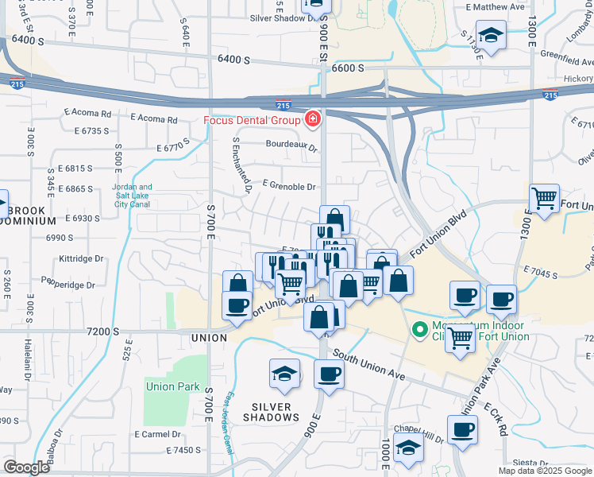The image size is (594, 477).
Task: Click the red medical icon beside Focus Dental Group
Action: coord(313,120)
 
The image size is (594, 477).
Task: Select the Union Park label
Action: coord(172,387)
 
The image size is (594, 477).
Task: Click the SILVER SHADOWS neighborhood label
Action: coord(271,411)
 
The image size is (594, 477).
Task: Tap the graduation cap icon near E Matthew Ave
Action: coord(492,36)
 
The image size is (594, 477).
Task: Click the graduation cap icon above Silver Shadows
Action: coord(284,374)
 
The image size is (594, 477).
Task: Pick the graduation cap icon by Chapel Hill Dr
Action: coord(408,448)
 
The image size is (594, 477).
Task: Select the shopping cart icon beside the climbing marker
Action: coord(461,339)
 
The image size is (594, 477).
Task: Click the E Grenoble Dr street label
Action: coord(289,187)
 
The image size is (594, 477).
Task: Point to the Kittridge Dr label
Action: coord(81,259)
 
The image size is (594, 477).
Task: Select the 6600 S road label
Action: coord(348,68)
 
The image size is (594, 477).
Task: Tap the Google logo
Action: coord(26,467)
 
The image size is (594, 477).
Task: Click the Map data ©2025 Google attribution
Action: coord(546,471)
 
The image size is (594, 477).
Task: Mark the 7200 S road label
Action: coord(103,331)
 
